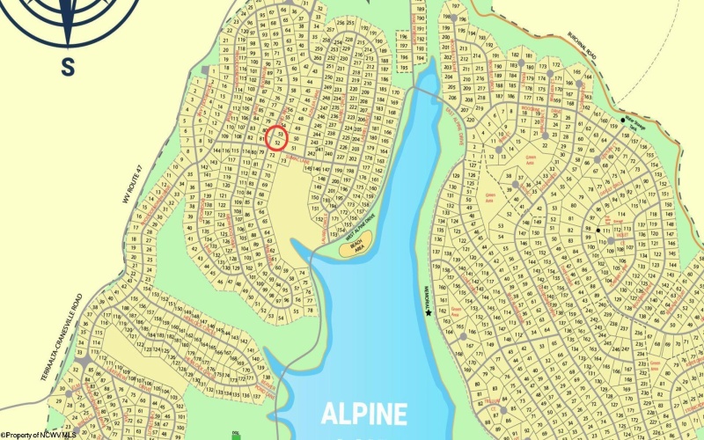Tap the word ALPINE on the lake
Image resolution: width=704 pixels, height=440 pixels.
[363, 414]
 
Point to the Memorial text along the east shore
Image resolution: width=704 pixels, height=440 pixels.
[426, 295]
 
